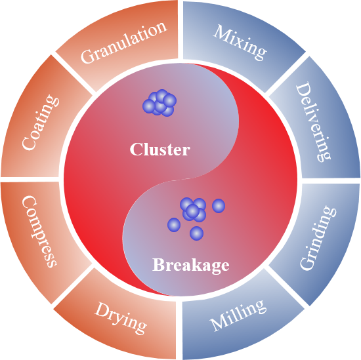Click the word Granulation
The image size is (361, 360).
pos(124,43)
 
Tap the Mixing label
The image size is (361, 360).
pos(240,43)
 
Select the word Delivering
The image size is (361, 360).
pos(313,122)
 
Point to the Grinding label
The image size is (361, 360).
pos(318,237)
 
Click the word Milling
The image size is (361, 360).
pos(238,315)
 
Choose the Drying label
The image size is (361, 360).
pos(121,318)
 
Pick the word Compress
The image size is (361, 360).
pos(39,231)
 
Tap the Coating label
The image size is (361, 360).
pos(41,123)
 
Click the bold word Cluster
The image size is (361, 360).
pos(160,150)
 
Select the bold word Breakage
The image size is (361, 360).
pos(191,265)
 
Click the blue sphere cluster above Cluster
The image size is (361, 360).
pos(159,103)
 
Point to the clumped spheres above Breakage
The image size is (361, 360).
pos(193,210)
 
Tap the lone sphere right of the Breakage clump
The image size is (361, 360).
pos(219,206)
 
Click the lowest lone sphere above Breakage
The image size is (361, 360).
pos(196,233)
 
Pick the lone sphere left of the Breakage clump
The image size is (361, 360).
pos(174,225)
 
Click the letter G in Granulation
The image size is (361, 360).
pos(88,56)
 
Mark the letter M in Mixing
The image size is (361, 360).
pos(221,32)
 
